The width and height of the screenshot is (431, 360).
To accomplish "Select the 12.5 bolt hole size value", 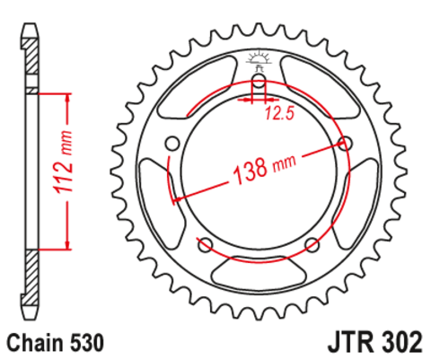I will pyautogui.click(x=279, y=112).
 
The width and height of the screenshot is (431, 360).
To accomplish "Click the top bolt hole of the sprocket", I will pyautogui.click(x=259, y=84).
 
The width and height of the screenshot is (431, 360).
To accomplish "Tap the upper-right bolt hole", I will pyautogui.click(x=346, y=143).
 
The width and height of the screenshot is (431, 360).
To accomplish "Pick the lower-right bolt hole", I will pyautogui.click(x=312, y=245).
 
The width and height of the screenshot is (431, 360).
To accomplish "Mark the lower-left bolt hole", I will pyautogui.click(x=205, y=245).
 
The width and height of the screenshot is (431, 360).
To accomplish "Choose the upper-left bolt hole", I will pyautogui.click(x=172, y=143).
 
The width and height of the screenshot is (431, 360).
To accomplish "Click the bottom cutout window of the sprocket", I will pyautogui.click(x=259, y=268).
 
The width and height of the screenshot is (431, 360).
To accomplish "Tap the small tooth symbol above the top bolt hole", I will pyautogui.click(x=259, y=62).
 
